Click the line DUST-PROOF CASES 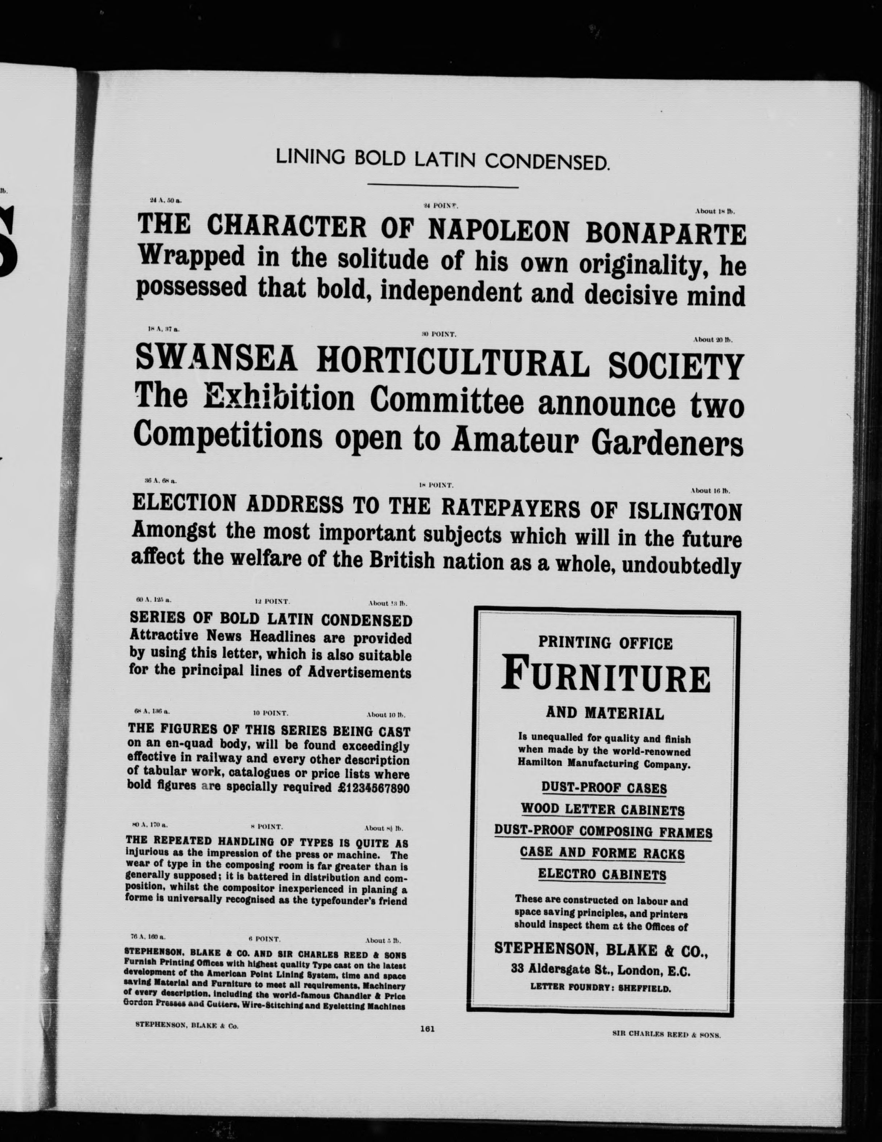(604, 787)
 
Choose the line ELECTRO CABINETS (602, 874)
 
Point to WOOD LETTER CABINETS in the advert (603, 809)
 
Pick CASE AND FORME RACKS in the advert (602, 853)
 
